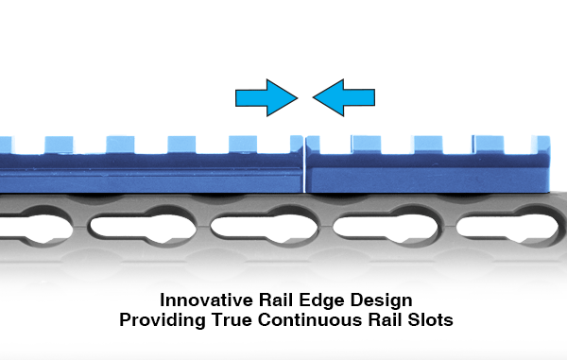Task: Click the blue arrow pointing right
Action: coord(266,97)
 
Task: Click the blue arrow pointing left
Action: coord(344,97)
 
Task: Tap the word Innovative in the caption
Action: coord(206,300)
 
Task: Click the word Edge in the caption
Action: coord(321,301)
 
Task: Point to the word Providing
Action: coord(163,320)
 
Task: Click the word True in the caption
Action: coord(232,320)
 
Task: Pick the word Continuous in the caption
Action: coord(310,320)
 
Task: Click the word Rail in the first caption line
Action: coord(276,300)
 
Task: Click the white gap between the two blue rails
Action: coord(304,164)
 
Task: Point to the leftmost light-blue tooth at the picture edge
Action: coord(7,145)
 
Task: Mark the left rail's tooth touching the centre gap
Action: coord(297,145)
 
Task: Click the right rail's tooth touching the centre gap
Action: coord(313,145)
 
